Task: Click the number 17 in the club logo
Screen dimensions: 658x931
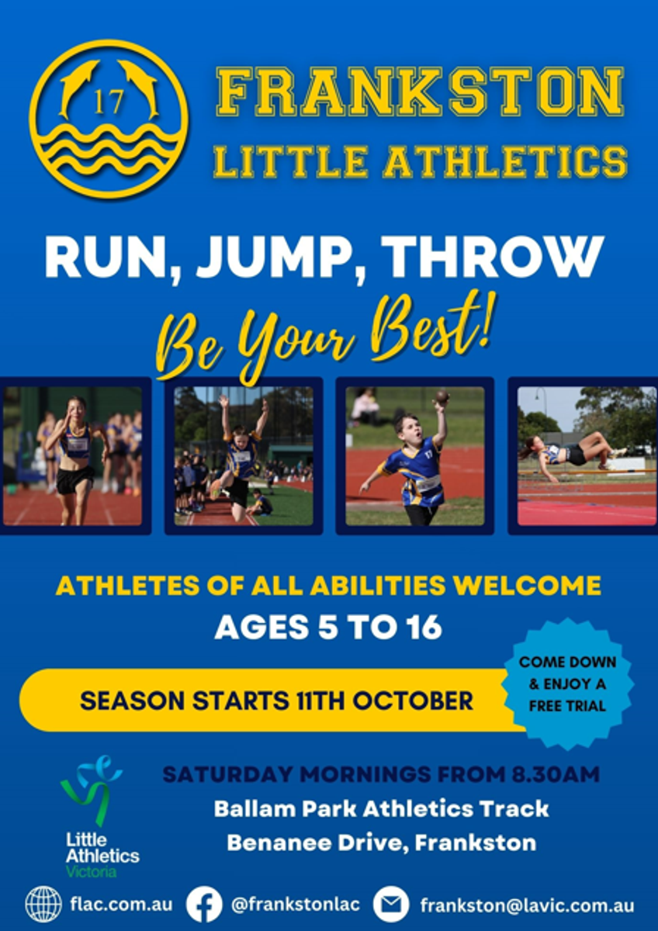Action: click(x=109, y=102)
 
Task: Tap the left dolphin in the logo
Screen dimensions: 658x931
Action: click(x=79, y=86)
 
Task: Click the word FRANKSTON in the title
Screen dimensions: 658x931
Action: click(x=420, y=92)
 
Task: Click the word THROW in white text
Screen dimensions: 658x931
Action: click(x=492, y=257)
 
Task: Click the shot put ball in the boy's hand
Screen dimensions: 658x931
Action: click(x=442, y=395)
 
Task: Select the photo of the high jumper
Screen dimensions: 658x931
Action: click(x=587, y=456)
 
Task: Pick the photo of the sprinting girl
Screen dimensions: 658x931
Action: click(x=72, y=456)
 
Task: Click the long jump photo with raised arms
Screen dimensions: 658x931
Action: click(x=244, y=456)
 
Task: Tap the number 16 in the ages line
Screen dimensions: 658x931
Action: click(x=424, y=627)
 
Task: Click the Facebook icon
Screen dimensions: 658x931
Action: click(x=203, y=905)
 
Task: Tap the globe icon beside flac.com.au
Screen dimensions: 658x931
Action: click(x=43, y=905)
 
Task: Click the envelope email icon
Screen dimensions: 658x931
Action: click(x=390, y=905)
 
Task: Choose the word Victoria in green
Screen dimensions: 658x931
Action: click(x=91, y=871)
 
